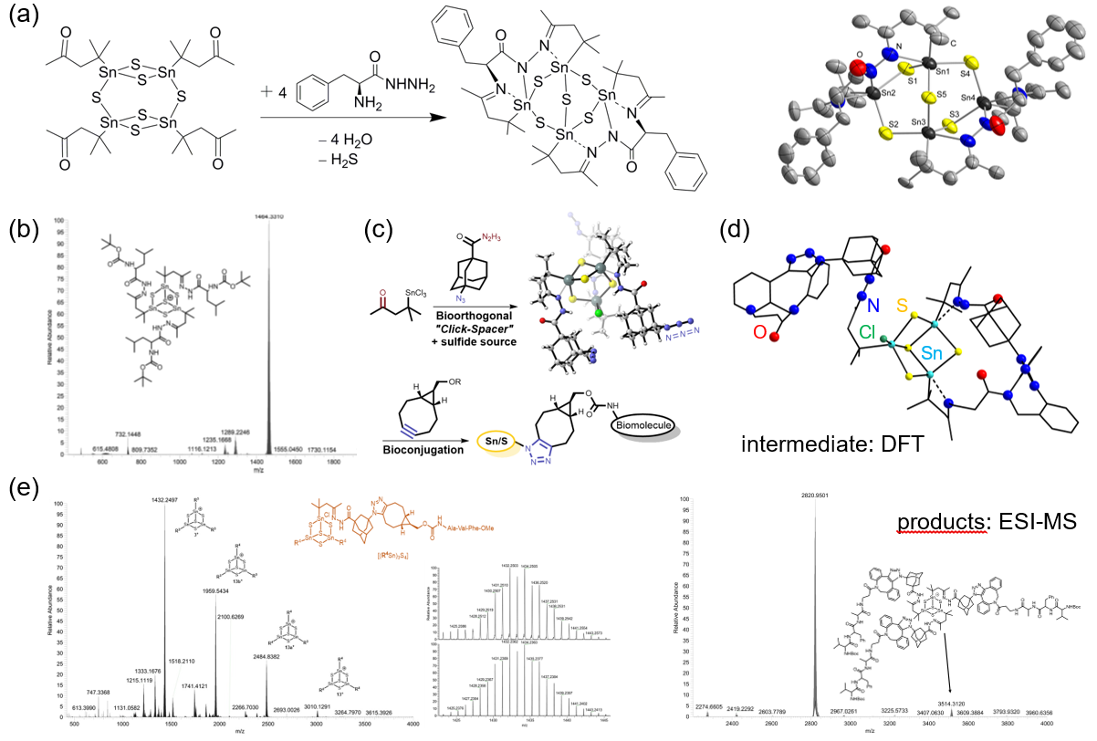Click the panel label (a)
[x=25, y=17]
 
